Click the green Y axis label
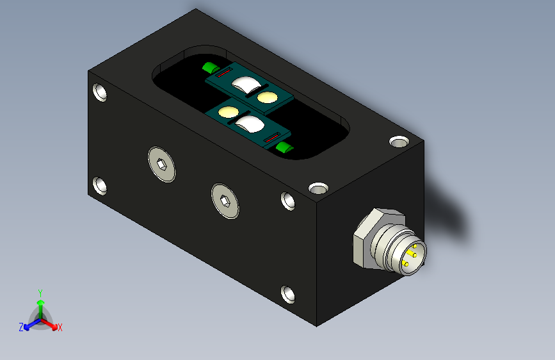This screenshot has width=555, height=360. click(x=40, y=293)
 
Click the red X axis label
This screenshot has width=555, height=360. click(x=60, y=327)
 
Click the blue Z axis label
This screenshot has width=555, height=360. click(x=21, y=327)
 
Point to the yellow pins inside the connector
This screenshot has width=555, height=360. click(x=410, y=254)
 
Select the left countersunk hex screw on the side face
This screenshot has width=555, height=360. click(x=162, y=164)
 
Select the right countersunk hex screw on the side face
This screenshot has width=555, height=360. click(x=225, y=201)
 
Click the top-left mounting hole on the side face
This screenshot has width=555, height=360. click(x=100, y=92)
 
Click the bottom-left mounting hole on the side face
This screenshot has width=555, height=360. click(x=100, y=186)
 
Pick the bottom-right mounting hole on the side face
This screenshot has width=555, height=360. click(x=288, y=294)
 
